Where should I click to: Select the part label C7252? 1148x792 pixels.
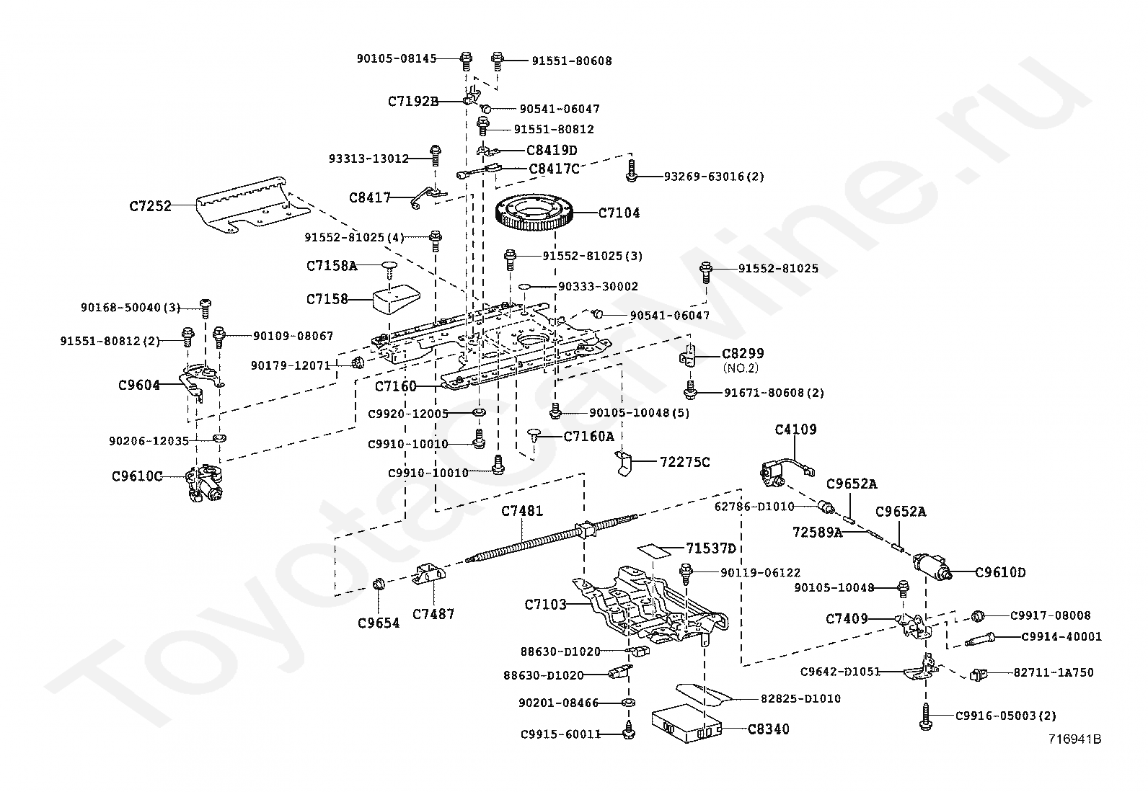(x=151, y=206)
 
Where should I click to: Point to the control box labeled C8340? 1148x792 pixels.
(x=685, y=723)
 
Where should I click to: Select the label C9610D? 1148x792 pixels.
(x=1000, y=573)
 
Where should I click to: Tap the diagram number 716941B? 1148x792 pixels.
(x=1075, y=739)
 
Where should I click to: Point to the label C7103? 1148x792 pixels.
(x=546, y=605)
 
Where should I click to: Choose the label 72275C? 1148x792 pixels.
(x=684, y=462)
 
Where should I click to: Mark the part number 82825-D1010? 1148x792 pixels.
(x=800, y=698)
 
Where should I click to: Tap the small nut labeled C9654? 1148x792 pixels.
(x=377, y=583)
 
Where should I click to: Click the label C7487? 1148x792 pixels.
(x=433, y=614)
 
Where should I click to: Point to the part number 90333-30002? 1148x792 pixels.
(x=598, y=286)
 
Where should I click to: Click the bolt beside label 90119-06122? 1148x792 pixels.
(x=686, y=574)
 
